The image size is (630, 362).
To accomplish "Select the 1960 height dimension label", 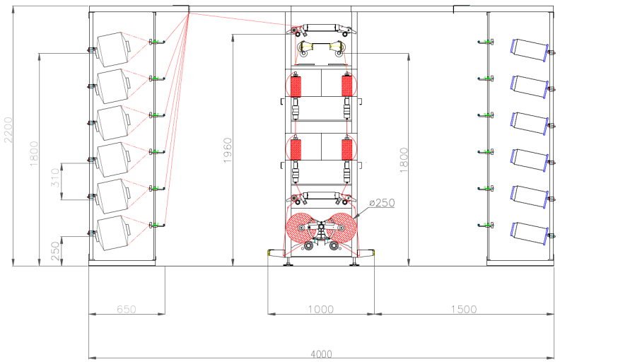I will click(228, 150).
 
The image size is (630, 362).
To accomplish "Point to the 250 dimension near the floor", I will click(56, 251).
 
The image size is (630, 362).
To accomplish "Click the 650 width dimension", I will click(126, 309).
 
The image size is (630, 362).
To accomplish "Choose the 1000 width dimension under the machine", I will click(320, 309).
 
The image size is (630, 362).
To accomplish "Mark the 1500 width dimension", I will click(463, 309).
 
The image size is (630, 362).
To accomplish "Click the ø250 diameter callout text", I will click(381, 203).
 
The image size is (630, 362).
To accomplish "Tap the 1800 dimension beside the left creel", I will click(33, 154).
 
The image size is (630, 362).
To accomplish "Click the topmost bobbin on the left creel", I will click(112, 48).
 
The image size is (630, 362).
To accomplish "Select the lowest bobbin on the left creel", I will click(112, 233).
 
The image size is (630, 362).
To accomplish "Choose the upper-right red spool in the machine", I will click(347, 86).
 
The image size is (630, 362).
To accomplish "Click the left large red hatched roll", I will click(302, 228).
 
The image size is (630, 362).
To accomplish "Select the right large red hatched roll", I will click(342, 228).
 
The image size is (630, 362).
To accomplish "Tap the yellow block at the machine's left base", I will click(271, 252).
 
